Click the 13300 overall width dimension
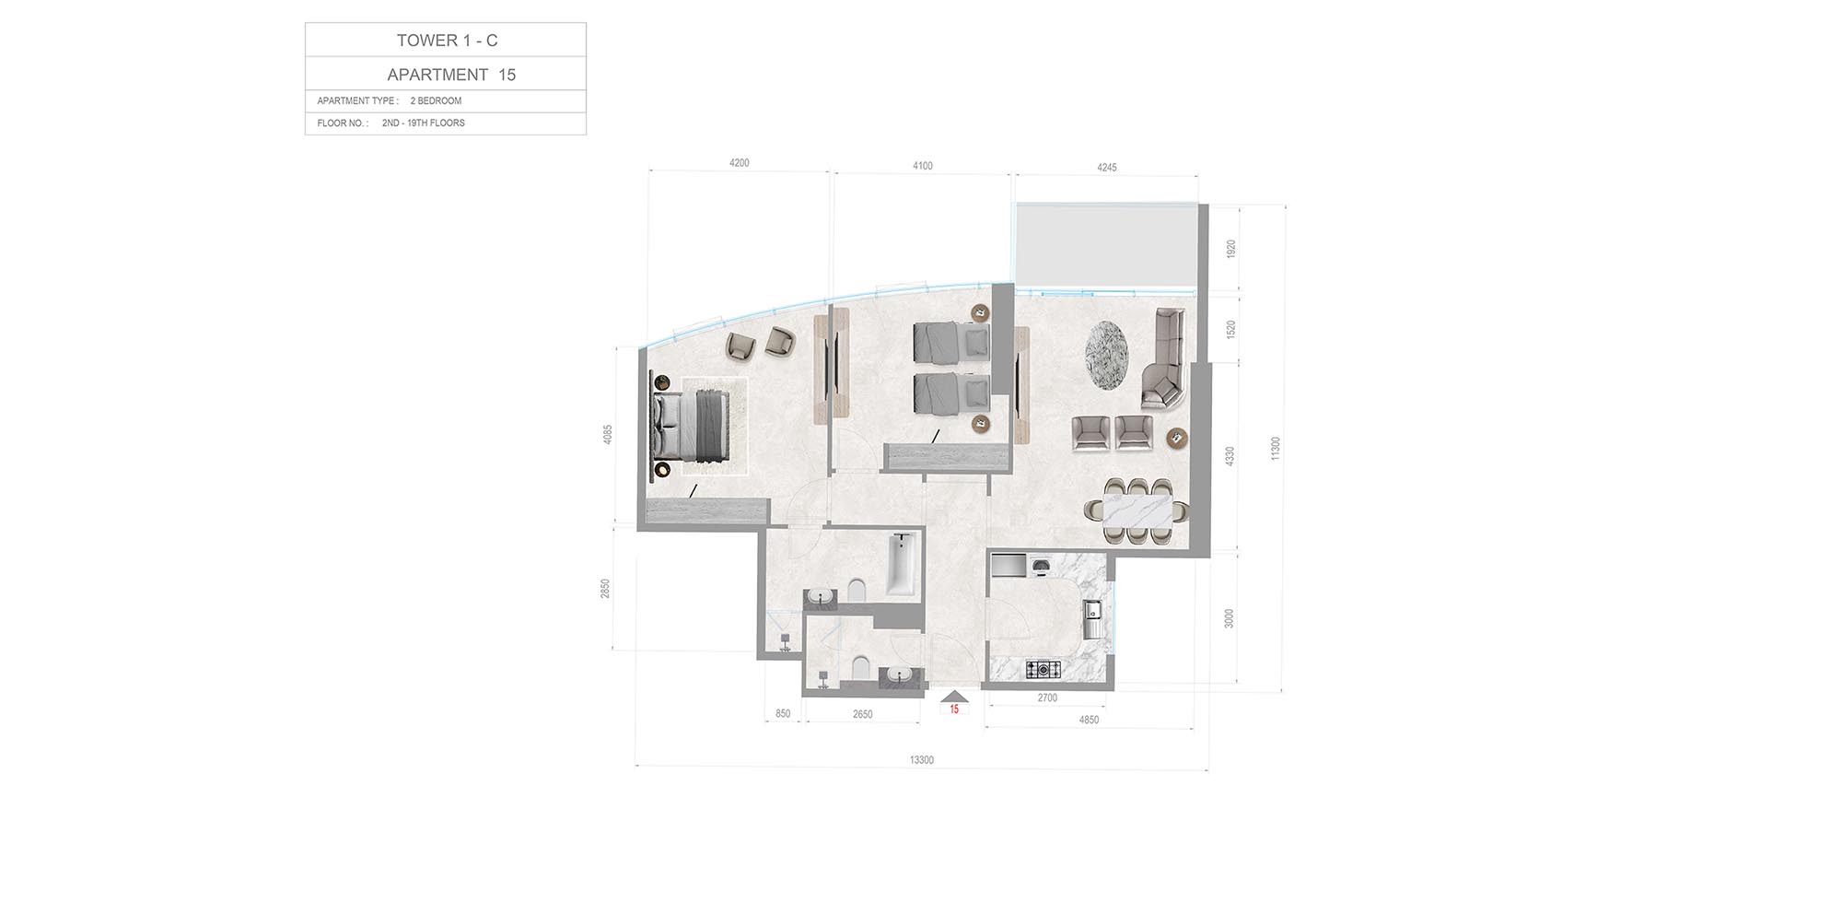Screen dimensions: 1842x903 [921, 760]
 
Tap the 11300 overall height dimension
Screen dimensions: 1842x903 [1275, 449]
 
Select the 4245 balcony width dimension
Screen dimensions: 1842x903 [1107, 168]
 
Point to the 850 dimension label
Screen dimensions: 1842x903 [783, 714]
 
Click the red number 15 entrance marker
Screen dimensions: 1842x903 [954, 709]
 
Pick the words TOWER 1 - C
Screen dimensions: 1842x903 [447, 41]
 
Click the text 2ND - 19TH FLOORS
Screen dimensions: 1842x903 [424, 123]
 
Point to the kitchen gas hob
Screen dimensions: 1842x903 [1043, 669]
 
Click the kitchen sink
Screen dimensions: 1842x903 [1092, 618]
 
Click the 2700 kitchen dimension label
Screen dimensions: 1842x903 [1047, 698]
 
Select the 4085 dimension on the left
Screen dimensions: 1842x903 [608, 435]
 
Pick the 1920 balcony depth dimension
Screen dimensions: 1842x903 [1231, 249]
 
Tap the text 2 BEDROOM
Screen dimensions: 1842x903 [436, 101]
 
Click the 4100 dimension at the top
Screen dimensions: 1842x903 [923, 167]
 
